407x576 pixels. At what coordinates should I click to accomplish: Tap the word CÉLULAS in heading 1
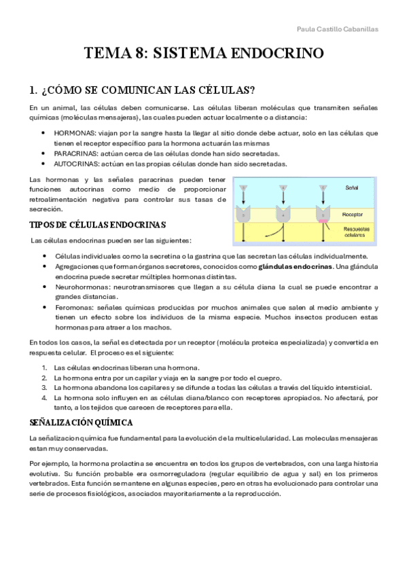(x=224, y=90)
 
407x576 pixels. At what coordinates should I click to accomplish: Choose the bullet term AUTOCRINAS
(x=75, y=164)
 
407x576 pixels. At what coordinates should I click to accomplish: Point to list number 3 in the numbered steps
(x=44, y=387)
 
